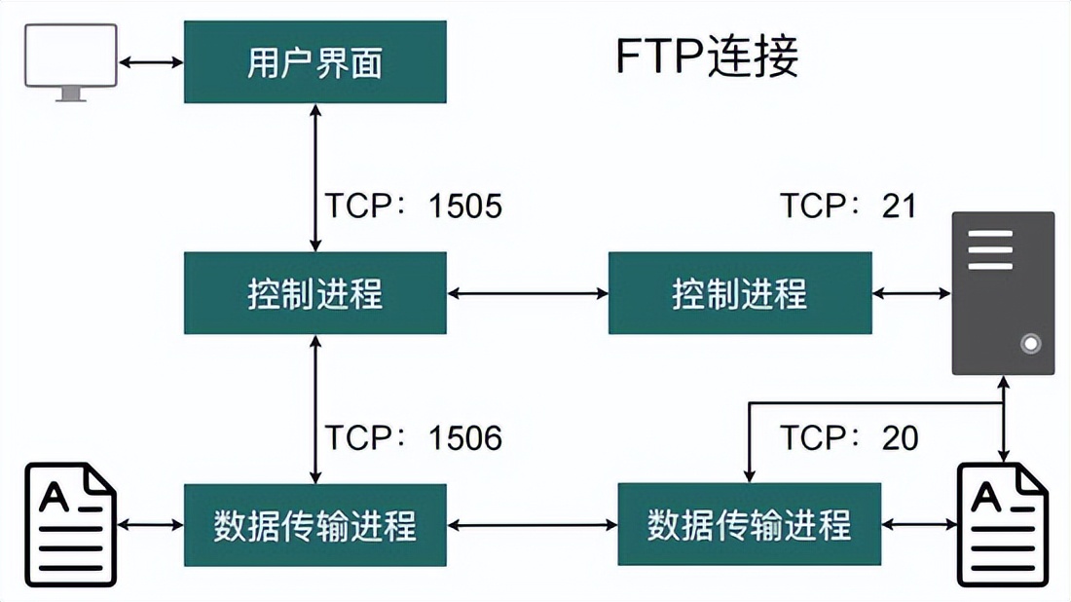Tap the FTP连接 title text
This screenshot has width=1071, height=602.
[x=708, y=57]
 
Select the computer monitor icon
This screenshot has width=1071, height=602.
[x=72, y=60]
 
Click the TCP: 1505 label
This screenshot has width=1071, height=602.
[x=413, y=207]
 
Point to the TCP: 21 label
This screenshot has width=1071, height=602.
[x=848, y=206]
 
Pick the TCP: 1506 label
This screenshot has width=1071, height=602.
[x=413, y=438]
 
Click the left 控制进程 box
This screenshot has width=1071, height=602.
[x=314, y=293]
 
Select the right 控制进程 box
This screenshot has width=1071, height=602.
[x=740, y=293]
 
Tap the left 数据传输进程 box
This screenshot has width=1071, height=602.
[x=314, y=525]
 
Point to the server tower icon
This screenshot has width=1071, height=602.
[x=1003, y=292]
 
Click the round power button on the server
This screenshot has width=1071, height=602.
[x=1030, y=344]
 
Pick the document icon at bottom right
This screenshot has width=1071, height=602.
[x=1003, y=525]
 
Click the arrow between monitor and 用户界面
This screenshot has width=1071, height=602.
[x=151, y=62]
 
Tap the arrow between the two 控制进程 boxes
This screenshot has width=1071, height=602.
[x=528, y=292]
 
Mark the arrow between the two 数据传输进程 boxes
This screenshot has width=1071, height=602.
[x=533, y=525]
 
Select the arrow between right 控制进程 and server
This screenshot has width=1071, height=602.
[x=911, y=292]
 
